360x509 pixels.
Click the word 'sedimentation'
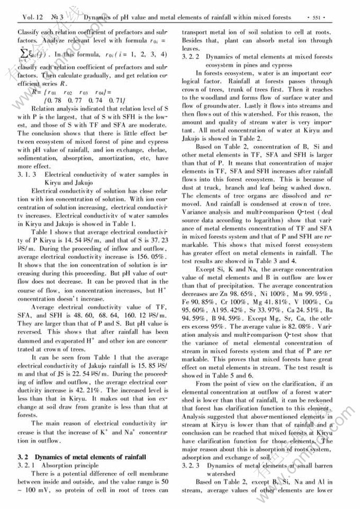click(x=37, y=158)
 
